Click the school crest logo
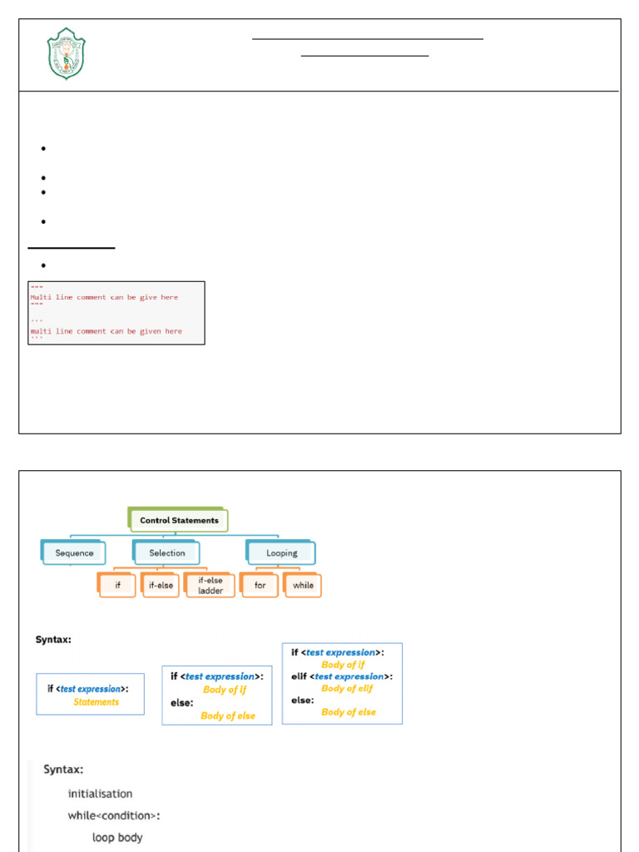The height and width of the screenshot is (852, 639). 66,54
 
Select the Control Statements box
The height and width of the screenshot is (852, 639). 178,521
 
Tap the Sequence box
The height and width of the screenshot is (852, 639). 74,552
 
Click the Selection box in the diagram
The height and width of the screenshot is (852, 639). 167,552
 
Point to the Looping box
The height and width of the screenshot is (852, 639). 281,552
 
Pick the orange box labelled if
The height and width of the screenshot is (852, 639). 117,586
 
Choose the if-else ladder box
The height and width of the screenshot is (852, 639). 211,586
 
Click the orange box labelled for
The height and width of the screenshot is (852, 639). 260,586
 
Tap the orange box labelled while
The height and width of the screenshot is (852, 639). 303,586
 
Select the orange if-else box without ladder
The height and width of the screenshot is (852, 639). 161,586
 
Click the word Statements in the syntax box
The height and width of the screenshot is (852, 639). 96,702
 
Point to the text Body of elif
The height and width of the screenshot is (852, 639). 347,689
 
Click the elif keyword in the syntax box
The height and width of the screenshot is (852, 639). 300,676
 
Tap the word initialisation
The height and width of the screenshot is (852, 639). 100,794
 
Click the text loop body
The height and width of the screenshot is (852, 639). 117,837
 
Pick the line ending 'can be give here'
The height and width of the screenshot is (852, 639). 104,297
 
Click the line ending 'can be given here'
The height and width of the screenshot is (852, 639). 106,331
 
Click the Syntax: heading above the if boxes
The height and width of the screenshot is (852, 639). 52,640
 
